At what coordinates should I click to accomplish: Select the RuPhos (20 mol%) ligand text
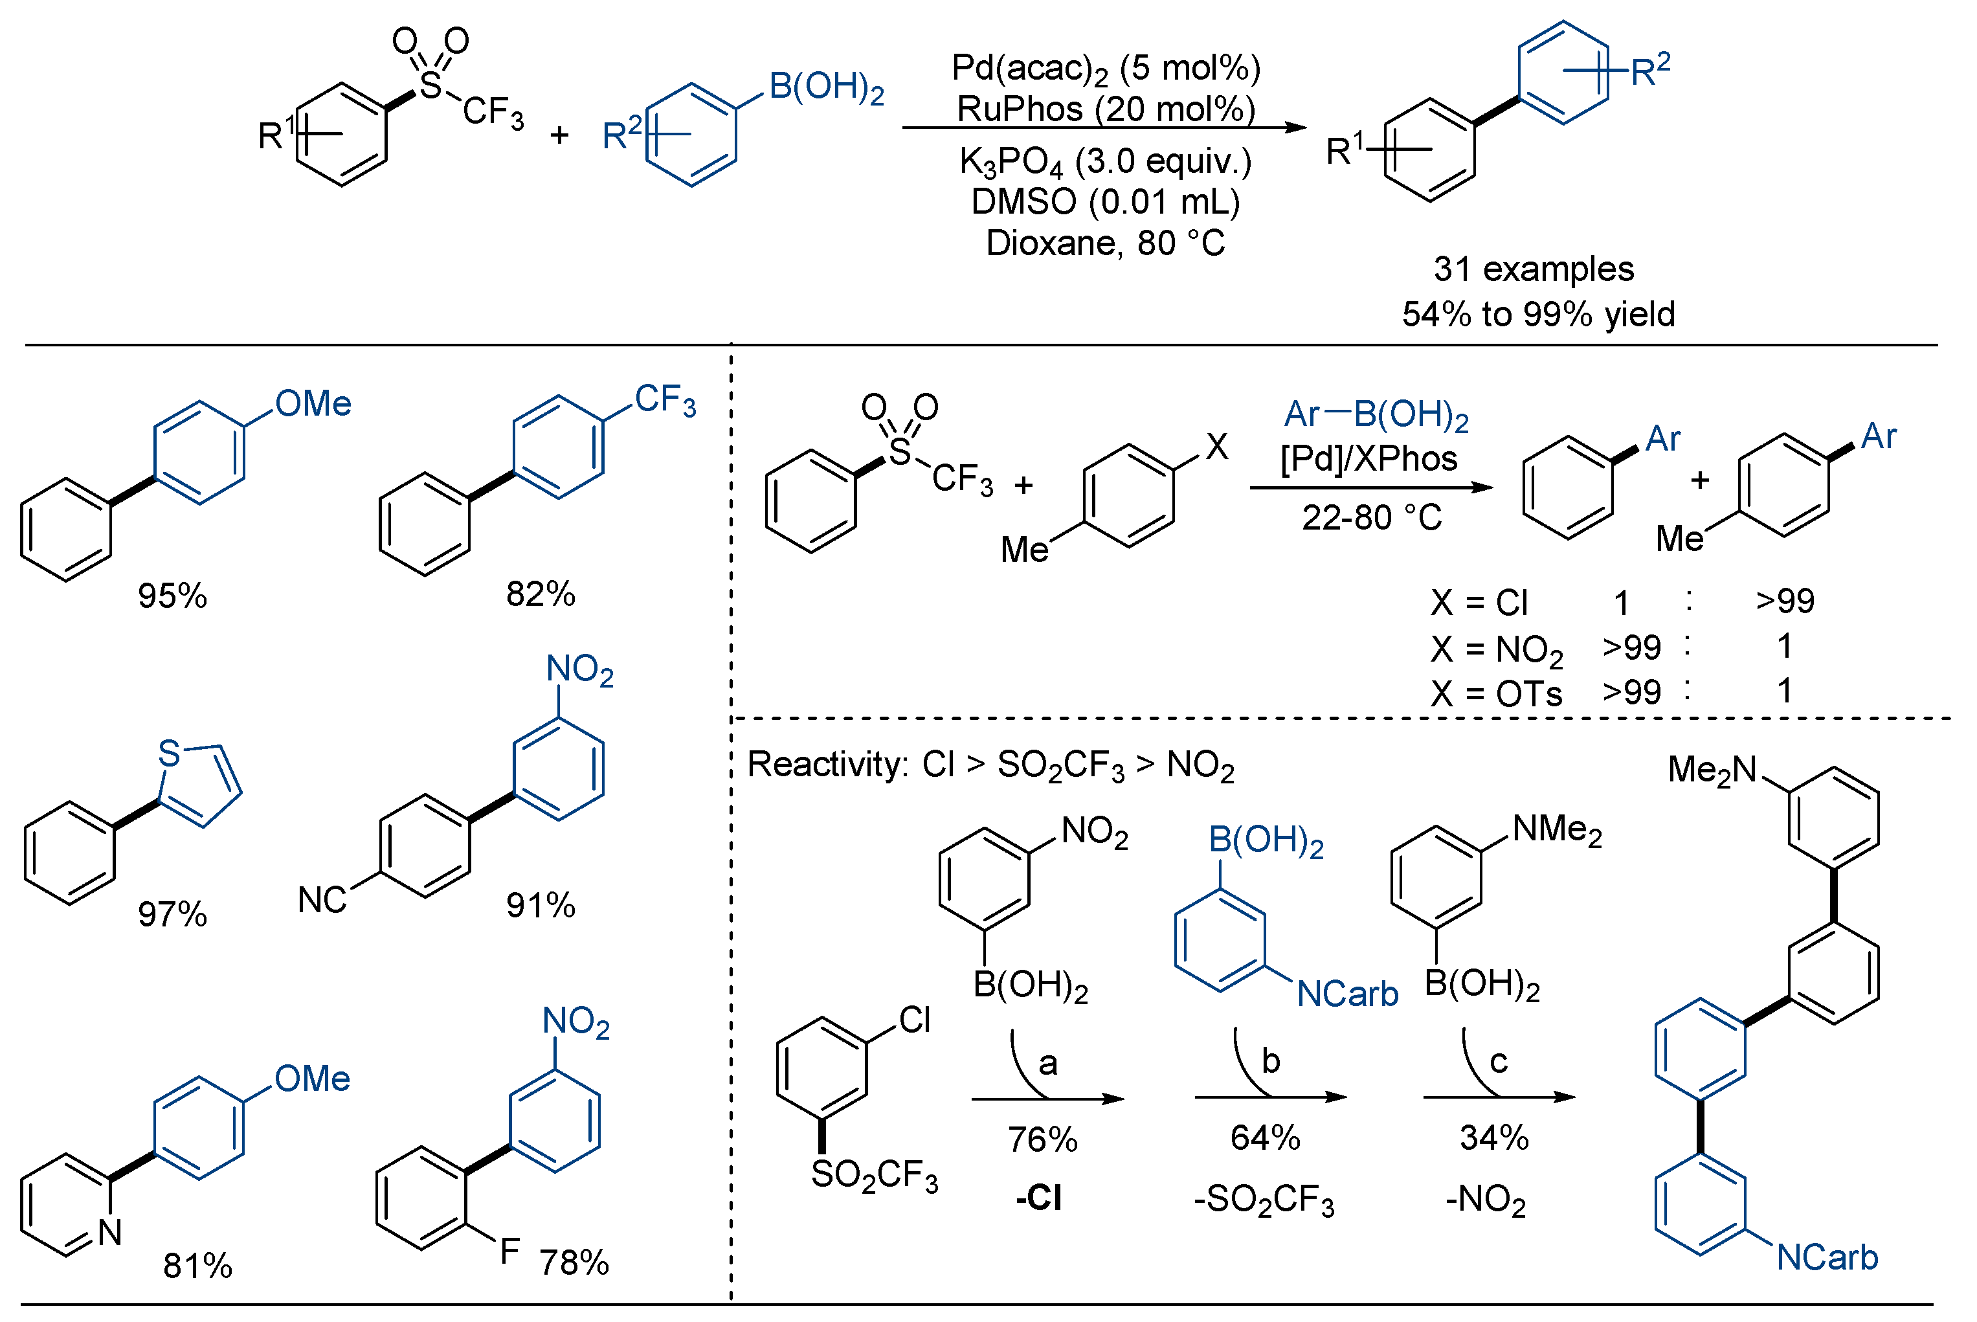coord(1105,109)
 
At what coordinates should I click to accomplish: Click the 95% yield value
coord(172,596)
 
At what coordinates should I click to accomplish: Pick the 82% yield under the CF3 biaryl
coord(541,594)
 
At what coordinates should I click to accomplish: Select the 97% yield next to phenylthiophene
coord(172,915)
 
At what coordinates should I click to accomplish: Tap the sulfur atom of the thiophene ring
coord(170,754)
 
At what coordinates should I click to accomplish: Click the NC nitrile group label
coord(322,901)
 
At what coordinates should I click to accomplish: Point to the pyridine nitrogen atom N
coord(109,1233)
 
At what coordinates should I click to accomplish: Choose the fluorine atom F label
coord(509,1252)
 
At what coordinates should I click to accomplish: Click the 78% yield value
coord(574,1263)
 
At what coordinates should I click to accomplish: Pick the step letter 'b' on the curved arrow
coord(1271,1062)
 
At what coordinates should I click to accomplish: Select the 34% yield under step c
coord(1494,1138)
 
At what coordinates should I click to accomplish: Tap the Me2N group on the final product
coord(1712,770)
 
